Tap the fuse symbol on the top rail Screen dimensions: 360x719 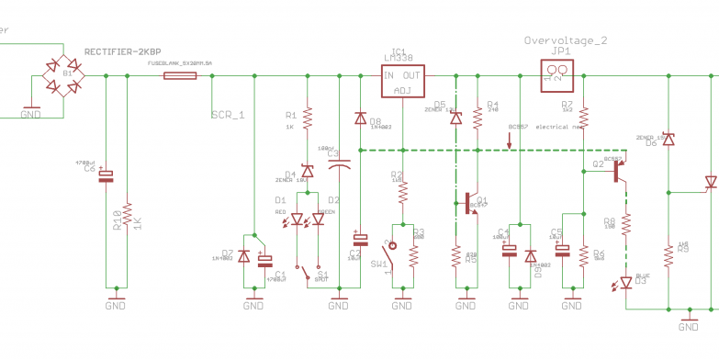pos(179,76)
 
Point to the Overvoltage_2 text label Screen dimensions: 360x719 pos(566,40)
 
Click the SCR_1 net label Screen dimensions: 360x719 pos(228,115)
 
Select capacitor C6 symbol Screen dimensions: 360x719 pos(106,174)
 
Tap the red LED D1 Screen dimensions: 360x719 pos(297,219)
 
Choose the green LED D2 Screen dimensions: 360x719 pos(318,219)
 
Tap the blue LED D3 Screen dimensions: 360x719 pos(625,282)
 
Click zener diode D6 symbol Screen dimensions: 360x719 pos(668,139)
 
